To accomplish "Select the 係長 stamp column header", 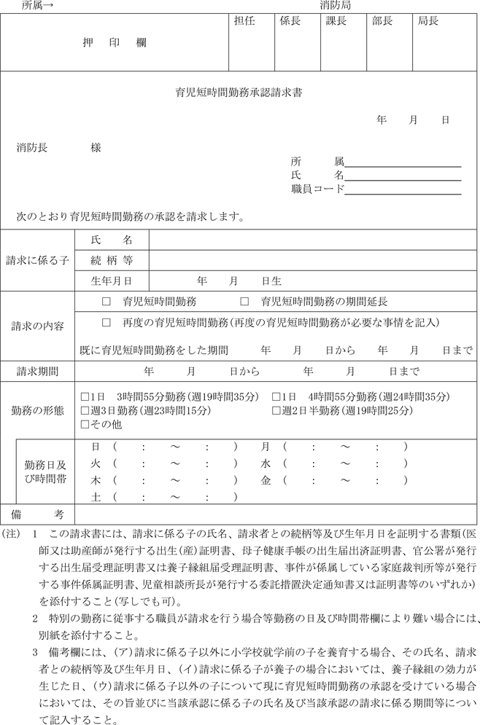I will tap(290, 22).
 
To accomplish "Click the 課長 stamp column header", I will tap(336, 22).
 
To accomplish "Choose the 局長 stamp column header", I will tap(427, 22).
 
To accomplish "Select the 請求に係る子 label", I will tap(36, 259).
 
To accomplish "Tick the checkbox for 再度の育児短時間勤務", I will tap(107, 322).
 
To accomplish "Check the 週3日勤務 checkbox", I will tap(85, 410).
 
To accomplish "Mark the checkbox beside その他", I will tap(85, 424).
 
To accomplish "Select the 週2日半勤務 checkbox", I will tap(276, 410).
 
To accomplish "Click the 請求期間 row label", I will tap(37, 372).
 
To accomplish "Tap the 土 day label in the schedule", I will tap(95, 498).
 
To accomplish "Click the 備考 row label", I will tap(36, 514).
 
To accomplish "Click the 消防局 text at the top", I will tap(335, 5).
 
